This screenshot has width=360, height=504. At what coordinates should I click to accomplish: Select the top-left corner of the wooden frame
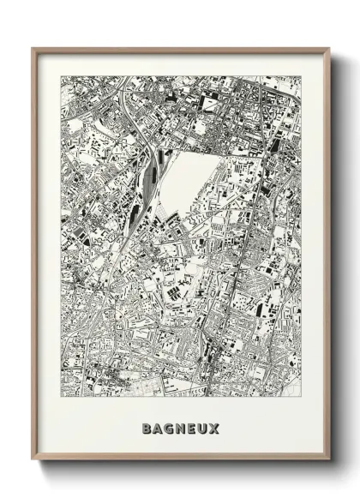click(x=33, y=49)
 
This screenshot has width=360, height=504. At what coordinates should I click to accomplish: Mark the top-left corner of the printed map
click(x=61, y=76)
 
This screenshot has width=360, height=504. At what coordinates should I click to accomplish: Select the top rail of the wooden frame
click(x=180, y=49)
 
